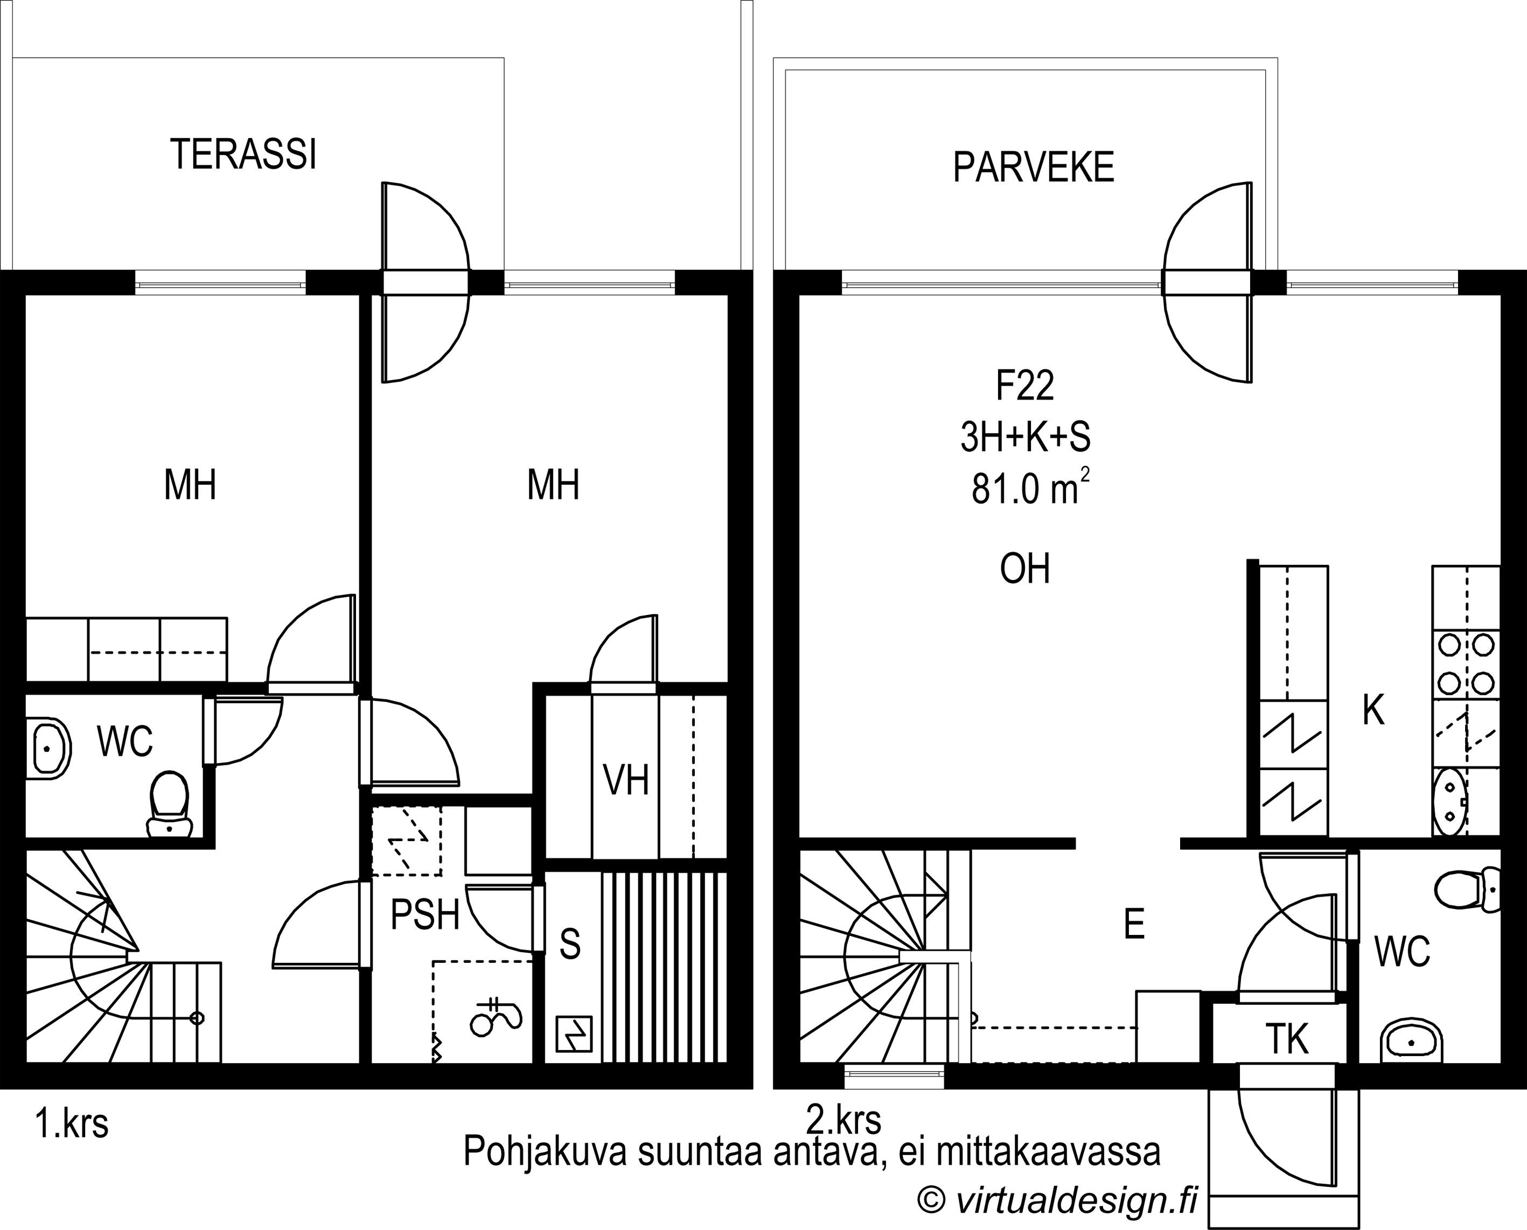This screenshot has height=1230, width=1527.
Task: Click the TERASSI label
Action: (x=243, y=154)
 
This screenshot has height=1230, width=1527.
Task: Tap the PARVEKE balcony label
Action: (x=1033, y=168)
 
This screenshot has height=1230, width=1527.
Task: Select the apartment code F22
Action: (x=1024, y=386)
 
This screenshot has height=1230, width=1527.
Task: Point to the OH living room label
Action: (x=1024, y=568)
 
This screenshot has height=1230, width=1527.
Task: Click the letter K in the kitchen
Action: (x=1374, y=711)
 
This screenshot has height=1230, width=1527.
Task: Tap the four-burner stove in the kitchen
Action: (x=1466, y=664)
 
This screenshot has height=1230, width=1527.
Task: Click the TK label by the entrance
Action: (x=1287, y=1039)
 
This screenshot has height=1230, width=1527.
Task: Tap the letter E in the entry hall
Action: (x=1134, y=924)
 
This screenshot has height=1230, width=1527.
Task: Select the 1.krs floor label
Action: (x=72, y=1124)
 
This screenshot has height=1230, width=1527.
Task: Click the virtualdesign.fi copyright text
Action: (x=1057, y=1199)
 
